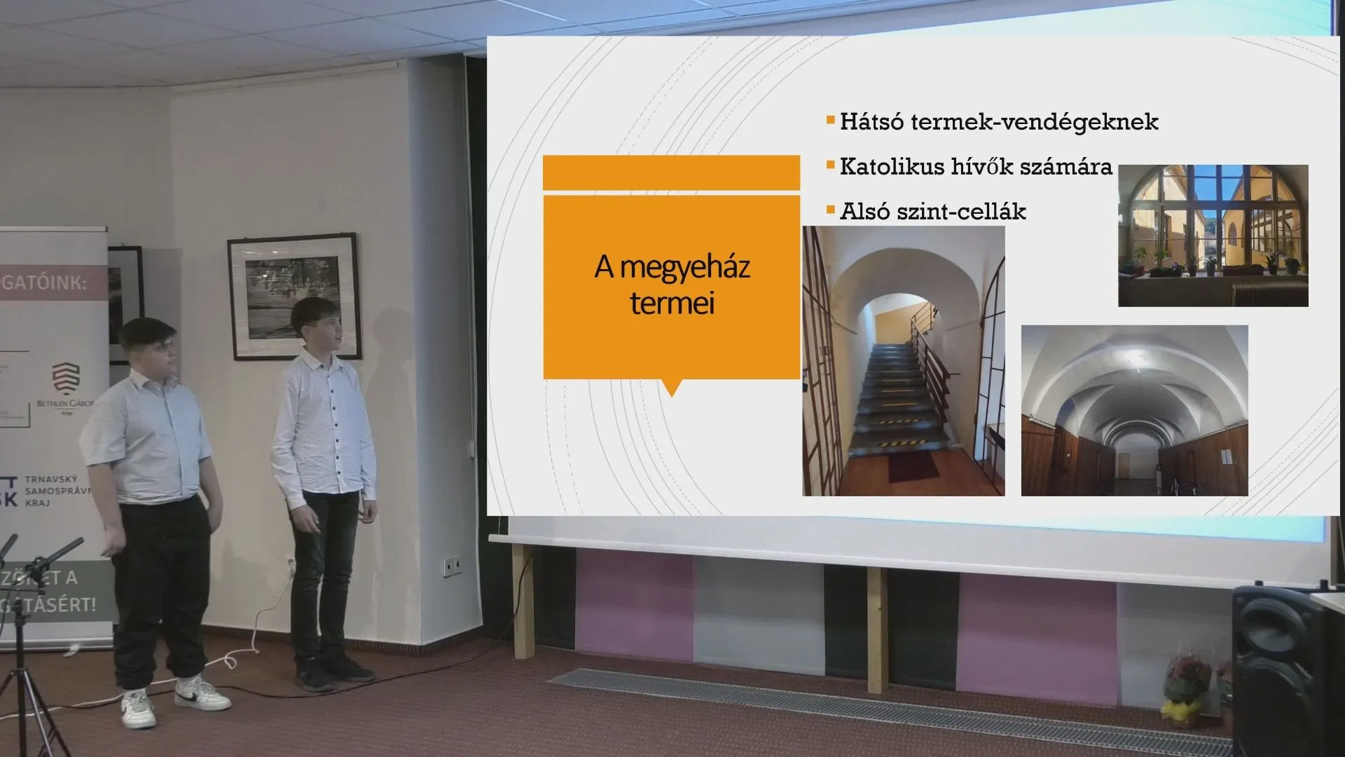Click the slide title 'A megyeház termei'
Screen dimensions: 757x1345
click(672, 285)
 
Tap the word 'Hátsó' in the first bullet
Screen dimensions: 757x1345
click(869, 122)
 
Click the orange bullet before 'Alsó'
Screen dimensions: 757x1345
click(831, 210)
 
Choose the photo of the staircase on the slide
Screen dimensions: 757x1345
click(903, 361)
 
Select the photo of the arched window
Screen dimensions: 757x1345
click(1213, 236)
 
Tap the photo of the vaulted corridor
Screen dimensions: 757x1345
click(1134, 411)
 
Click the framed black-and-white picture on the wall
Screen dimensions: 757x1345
click(294, 296)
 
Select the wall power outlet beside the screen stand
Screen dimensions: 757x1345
click(453, 564)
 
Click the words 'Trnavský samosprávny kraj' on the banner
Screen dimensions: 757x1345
click(58, 491)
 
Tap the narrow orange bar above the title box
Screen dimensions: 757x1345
click(671, 172)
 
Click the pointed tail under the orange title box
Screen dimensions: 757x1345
click(671, 388)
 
